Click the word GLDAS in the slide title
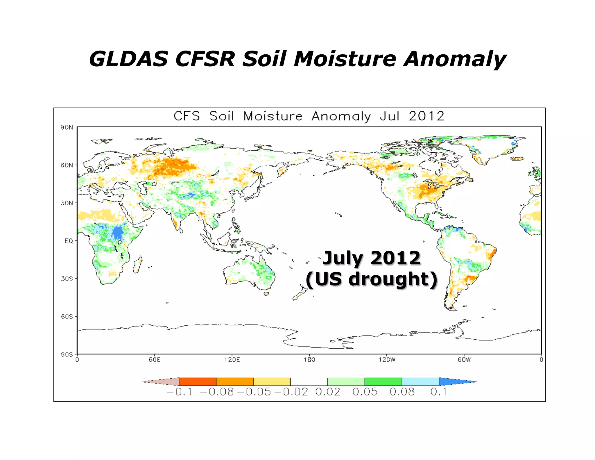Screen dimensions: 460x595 tap(128, 59)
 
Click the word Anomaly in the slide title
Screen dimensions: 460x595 tap(455, 59)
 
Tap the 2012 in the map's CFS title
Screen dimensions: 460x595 tap(426, 116)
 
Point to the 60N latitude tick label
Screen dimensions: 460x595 tap(67, 165)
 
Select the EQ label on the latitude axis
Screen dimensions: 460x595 tap(69, 241)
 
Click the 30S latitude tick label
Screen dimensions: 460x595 tap(67, 279)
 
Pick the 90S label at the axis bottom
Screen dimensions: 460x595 tap(67, 354)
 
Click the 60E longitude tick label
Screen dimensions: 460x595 tap(155, 360)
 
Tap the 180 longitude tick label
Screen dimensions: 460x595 tap(309, 360)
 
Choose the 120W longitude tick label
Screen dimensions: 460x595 tap(387, 360)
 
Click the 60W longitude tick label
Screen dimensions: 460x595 tap(464, 360)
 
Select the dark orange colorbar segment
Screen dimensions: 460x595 tap(198, 381)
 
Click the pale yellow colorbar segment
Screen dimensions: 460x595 tap(272, 381)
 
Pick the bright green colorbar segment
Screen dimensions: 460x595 tap(383, 381)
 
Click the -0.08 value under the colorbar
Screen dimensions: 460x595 tap(217, 392)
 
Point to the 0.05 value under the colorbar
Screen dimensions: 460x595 tap(365, 392)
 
